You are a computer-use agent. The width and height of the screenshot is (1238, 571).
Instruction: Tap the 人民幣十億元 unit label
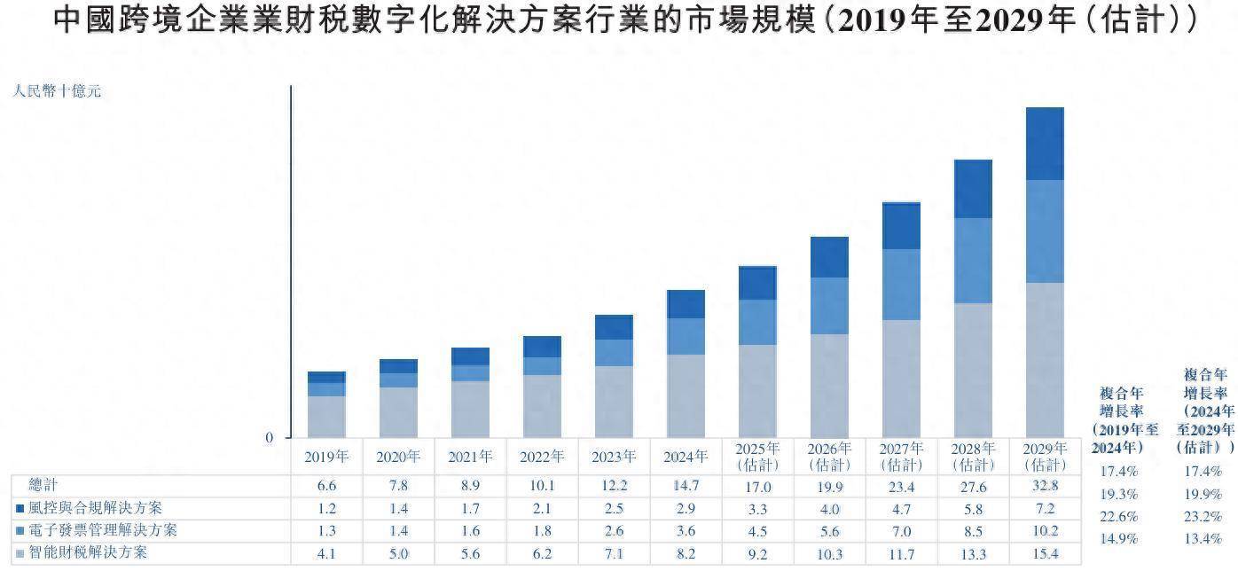click(x=57, y=90)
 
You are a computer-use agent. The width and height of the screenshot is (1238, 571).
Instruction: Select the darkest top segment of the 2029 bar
click(x=1044, y=144)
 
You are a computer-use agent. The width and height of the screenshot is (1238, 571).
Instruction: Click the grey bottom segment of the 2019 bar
click(x=326, y=416)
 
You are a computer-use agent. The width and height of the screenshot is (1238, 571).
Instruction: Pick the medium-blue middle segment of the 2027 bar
click(x=901, y=284)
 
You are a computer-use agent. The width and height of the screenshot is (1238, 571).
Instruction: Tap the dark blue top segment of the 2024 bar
click(x=686, y=304)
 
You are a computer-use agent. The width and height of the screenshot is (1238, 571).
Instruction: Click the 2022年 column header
click(x=543, y=458)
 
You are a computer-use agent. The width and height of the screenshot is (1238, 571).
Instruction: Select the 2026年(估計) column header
click(x=829, y=457)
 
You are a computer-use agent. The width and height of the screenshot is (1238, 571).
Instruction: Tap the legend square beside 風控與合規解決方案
click(x=20, y=509)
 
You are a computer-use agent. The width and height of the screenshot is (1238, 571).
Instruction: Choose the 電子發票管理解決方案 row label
click(x=103, y=530)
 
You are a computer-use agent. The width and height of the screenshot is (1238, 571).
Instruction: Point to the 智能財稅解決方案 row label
click(x=89, y=552)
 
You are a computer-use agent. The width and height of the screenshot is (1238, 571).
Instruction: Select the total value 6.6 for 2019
click(x=326, y=486)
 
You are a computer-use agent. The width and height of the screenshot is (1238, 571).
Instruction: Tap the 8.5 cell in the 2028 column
click(x=973, y=530)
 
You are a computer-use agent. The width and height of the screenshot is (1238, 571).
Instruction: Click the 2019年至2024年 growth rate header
click(x=1121, y=419)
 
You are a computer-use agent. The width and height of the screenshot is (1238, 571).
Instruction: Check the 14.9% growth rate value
click(x=1119, y=538)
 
